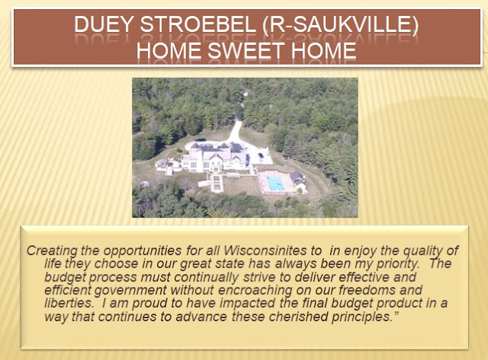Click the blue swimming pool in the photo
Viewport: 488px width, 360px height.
click(276, 183)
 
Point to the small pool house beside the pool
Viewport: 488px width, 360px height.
click(297, 179)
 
